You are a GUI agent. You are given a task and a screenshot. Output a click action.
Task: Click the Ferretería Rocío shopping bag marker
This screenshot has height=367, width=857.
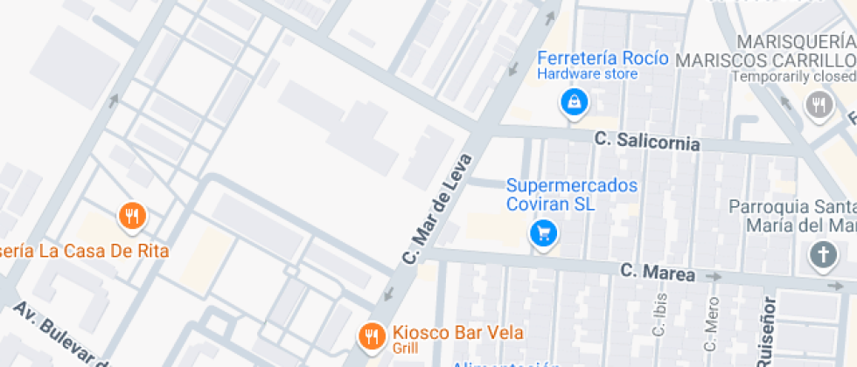point(573,103)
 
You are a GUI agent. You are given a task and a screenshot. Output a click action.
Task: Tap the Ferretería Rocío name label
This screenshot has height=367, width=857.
point(603,59)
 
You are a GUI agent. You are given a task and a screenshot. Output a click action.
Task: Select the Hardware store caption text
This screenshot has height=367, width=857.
point(587,74)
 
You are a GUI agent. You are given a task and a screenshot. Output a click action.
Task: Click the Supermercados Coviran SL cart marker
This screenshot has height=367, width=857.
point(544,233)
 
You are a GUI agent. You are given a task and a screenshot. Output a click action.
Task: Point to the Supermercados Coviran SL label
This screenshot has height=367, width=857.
point(572,194)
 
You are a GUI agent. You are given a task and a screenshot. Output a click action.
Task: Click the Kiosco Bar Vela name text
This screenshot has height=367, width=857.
point(457,332)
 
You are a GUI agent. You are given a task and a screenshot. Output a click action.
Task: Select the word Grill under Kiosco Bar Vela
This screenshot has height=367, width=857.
point(406,348)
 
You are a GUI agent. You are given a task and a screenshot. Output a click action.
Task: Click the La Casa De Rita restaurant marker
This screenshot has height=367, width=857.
point(131,215)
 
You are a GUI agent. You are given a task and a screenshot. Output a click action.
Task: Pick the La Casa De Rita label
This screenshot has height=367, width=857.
point(84,251)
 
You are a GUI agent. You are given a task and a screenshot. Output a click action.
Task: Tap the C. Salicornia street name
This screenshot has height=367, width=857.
point(647,141)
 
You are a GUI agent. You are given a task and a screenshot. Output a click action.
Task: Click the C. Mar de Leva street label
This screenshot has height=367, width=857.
point(437,210)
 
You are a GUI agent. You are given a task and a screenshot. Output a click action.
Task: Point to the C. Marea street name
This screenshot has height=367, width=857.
point(658,273)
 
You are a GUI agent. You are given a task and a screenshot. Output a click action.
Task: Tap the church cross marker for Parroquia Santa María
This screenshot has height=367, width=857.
point(822,255)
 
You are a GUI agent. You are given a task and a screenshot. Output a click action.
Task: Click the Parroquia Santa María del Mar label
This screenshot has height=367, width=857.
point(792,216)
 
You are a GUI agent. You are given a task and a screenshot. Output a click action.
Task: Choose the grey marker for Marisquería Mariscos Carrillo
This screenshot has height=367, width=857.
point(818,106)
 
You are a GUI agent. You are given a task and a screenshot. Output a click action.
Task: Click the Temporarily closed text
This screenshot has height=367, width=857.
point(793,76)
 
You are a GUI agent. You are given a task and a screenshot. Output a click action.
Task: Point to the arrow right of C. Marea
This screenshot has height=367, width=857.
point(714,277)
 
